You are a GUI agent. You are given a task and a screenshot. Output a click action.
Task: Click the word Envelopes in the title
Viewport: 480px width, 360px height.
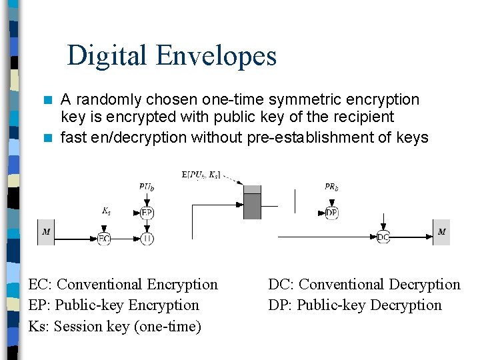tap(217, 56)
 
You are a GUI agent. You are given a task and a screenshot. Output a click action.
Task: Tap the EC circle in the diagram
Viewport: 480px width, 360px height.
tap(104, 238)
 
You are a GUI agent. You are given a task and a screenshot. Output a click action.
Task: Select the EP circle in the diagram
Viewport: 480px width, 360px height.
tap(147, 213)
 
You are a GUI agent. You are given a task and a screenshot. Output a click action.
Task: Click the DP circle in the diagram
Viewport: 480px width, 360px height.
tap(331, 213)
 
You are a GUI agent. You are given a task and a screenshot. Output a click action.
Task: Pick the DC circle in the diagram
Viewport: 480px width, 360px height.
tap(383, 237)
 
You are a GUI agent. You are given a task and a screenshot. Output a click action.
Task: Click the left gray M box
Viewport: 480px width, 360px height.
tap(46, 232)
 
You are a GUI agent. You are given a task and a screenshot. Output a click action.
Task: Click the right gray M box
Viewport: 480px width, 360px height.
tap(441, 232)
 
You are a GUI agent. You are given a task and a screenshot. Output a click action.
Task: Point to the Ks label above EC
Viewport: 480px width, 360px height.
tap(106, 211)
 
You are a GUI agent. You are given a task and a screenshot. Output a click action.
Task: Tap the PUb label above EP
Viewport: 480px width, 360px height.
tap(147, 187)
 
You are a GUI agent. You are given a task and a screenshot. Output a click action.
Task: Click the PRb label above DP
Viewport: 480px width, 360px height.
tap(331, 187)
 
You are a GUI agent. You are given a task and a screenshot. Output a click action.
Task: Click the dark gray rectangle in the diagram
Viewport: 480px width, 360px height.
tap(252, 206)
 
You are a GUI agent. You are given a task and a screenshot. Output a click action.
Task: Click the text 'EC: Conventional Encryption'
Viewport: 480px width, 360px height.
tap(123, 284)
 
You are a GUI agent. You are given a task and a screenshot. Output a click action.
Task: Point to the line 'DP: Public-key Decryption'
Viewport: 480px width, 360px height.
tap(355, 305)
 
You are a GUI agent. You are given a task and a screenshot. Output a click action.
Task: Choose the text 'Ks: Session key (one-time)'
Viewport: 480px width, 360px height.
tap(114, 326)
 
